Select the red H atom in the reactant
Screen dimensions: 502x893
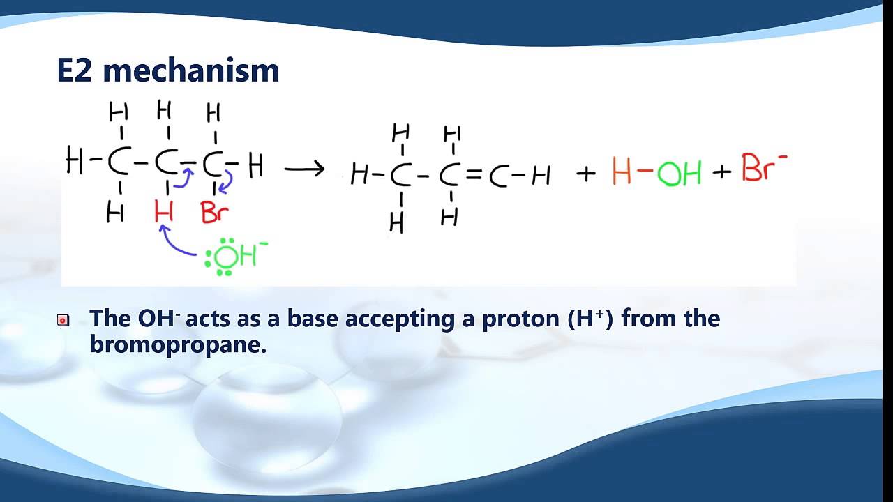(x=164, y=212)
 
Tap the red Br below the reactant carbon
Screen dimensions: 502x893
(x=214, y=212)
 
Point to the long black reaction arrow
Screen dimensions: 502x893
(x=305, y=169)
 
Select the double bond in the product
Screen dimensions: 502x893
(x=474, y=176)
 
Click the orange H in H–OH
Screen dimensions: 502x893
(x=622, y=172)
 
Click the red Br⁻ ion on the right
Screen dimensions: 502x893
(x=763, y=168)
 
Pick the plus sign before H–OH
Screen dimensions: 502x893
(x=586, y=173)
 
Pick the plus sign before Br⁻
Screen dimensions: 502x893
(x=721, y=172)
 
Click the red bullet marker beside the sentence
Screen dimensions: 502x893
(x=63, y=321)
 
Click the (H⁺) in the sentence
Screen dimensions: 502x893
(x=590, y=319)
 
